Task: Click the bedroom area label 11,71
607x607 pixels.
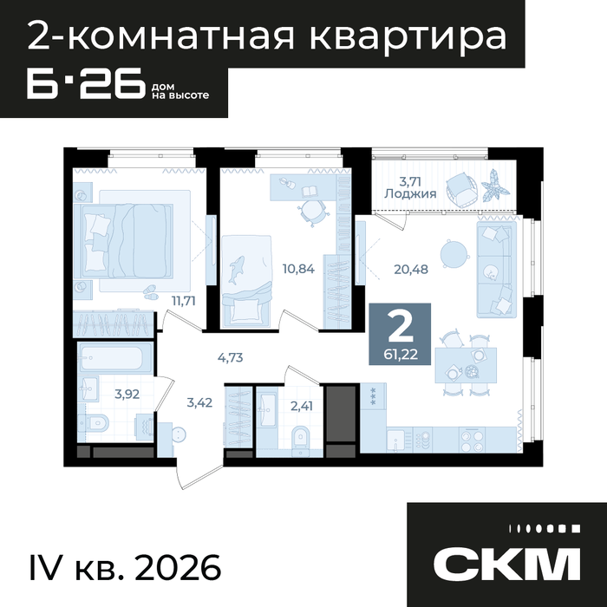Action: tap(184, 300)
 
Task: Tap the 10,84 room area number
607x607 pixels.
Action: tap(298, 268)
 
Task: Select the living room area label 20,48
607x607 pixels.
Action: tap(411, 269)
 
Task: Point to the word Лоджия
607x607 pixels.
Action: tap(410, 193)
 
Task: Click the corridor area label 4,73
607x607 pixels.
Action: tap(231, 357)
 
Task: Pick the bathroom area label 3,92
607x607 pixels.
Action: tap(127, 394)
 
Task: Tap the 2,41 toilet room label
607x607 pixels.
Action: tap(302, 406)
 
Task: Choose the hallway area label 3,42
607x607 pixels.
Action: tap(199, 402)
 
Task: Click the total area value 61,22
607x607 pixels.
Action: tap(401, 355)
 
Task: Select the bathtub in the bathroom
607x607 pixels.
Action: tap(115, 358)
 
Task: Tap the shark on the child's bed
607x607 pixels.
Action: tap(236, 270)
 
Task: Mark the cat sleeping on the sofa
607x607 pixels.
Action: tap(491, 271)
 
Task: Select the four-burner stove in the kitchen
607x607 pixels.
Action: tap(472, 441)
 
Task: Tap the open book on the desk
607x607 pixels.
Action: tap(309, 191)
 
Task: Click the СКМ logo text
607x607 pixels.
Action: tap(506, 564)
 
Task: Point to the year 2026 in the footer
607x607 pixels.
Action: tap(179, 568)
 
